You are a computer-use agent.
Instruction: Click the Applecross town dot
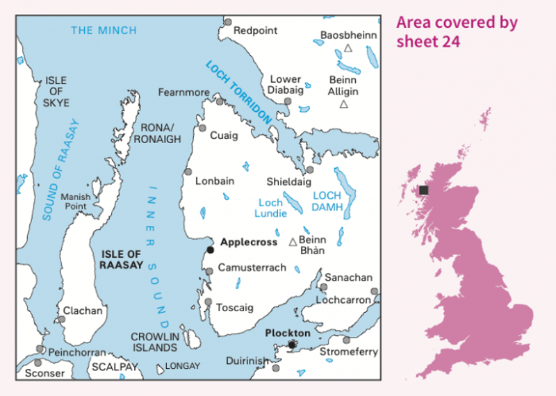click(211, 250)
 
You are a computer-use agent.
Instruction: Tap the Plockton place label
click(288, 333)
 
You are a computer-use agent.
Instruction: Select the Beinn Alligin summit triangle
click(343, 104)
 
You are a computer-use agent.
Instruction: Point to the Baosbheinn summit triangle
click(348, 49)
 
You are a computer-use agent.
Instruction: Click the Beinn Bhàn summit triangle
click(293, 242)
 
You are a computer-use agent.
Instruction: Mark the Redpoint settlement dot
click(227, 22)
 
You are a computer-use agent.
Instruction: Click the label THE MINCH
click(104, 30)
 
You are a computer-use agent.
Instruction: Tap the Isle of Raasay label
click(121, 259)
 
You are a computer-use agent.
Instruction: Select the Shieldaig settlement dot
click(310, 170)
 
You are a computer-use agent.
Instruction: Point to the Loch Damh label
click(327, 202)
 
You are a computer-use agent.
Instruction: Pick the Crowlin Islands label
click(154, 342)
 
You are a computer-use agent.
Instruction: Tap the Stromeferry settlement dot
click(346, 340)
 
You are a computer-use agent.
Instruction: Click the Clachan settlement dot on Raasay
click(62, 319)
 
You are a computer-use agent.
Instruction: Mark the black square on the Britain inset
click(423, 190)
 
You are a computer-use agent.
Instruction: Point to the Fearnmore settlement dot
click(219, 102)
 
